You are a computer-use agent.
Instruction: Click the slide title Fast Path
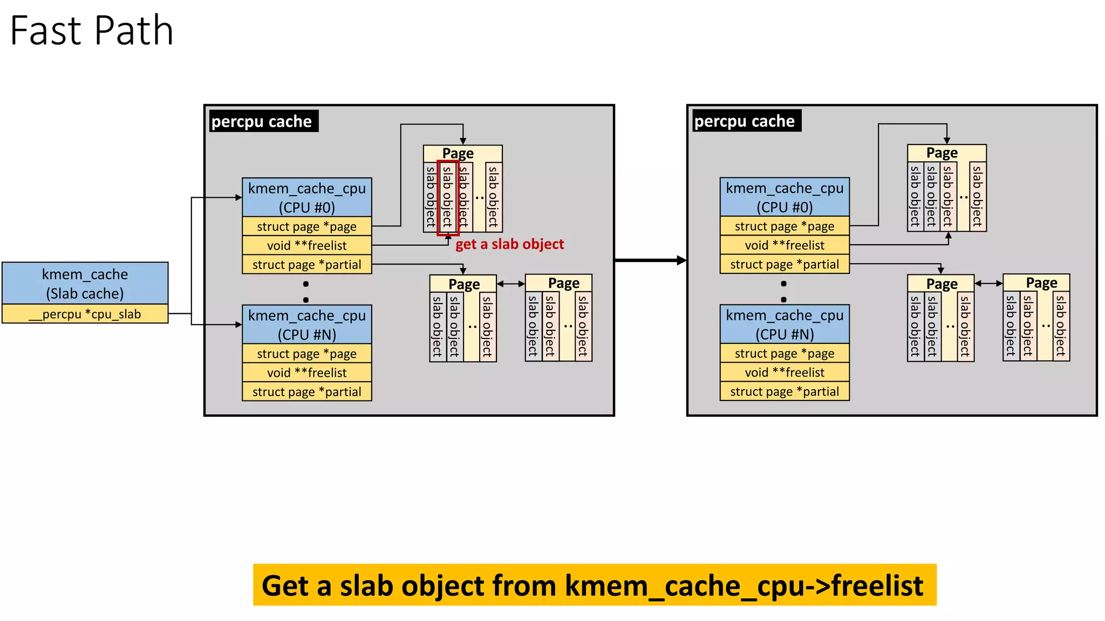tap(92, 31)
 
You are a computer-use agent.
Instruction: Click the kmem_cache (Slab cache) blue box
tap(85, 284)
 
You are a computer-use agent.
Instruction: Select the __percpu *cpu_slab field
tap(85, 314)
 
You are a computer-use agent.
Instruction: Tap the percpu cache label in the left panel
tap(262, 121)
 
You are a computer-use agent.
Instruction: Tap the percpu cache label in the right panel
tap(745, 121)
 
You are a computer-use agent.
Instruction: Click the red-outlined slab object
tap(447, 197)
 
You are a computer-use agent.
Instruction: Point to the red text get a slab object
tap(509, 244)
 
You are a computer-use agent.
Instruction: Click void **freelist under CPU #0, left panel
tap(306, 245)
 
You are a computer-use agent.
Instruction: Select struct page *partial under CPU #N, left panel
tap(306, 392)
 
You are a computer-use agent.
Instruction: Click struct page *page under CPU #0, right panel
tap(784, 226)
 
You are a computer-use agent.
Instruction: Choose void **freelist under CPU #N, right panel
tap(784, 372)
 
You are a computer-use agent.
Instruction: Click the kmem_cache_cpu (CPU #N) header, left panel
tap(306, 325)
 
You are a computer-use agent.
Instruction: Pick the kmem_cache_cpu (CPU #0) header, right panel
tap(784, 197)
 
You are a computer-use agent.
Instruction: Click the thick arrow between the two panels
tap(650, 260)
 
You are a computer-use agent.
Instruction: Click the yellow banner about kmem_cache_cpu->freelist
tap(594, 585)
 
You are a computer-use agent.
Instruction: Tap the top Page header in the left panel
tap(458, 153)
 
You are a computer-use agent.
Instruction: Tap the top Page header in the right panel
tap(942, 153)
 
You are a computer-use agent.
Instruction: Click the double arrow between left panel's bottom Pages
tap(510, 284)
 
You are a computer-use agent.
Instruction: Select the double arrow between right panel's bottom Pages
tap(988, 283)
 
